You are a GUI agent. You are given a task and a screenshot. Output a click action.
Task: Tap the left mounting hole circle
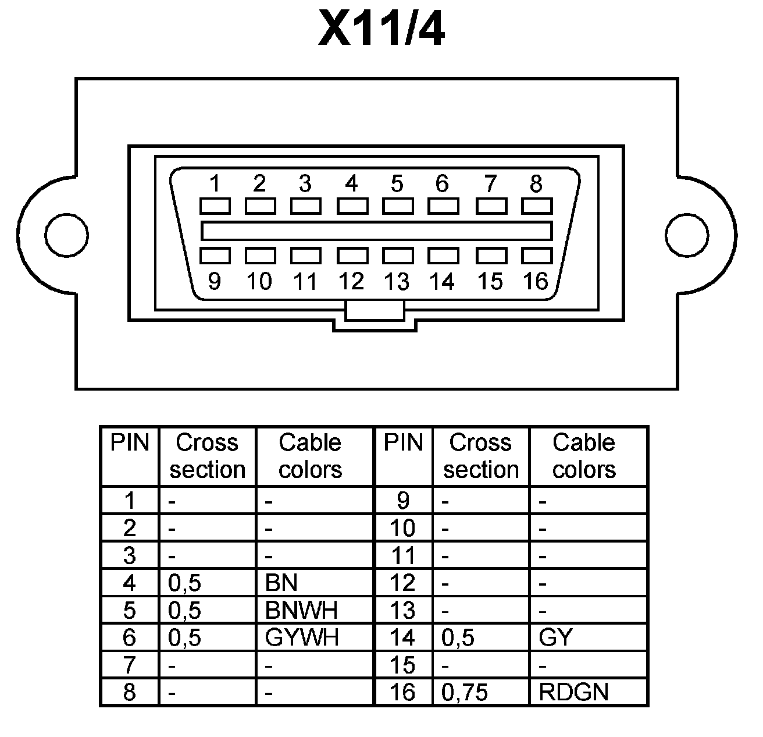pyautogui.click(x=67, y=235)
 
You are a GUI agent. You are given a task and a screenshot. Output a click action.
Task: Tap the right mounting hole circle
pyautogui.click(x=687, y=235)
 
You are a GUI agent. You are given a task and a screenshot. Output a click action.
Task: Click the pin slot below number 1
pyautogui.click(x=215, y=206)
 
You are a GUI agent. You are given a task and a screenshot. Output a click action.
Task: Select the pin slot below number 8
pyautogui.click(x=536, y=206)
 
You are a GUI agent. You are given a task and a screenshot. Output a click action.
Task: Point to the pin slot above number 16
pyautogui.click(x=536, y=256)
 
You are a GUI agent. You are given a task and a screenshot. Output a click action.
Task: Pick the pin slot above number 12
pyautogui.click(x=352, y=256)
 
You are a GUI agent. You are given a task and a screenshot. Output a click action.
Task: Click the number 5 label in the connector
pyautogui.click(x=397, y=184)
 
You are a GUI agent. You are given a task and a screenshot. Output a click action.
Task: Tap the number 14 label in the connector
pyautogui.click(x=442, y=282)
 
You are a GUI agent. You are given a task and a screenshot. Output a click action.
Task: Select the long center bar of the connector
pyautogui.click(x=376, y=231)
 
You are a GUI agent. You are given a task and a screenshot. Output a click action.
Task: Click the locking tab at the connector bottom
pyautogui.click(x=375, y=311)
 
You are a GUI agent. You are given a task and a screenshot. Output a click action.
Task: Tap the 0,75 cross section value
pyautogui.click(x=465, y=692)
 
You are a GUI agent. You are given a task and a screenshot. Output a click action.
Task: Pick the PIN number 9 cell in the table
pyautogui.click(x=403, y=500)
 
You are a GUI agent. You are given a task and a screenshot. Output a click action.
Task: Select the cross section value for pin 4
pyautogui.click(x=184, y=583)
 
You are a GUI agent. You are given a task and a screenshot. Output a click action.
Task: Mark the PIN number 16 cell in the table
pyautogui.click(x=403, y=692)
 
